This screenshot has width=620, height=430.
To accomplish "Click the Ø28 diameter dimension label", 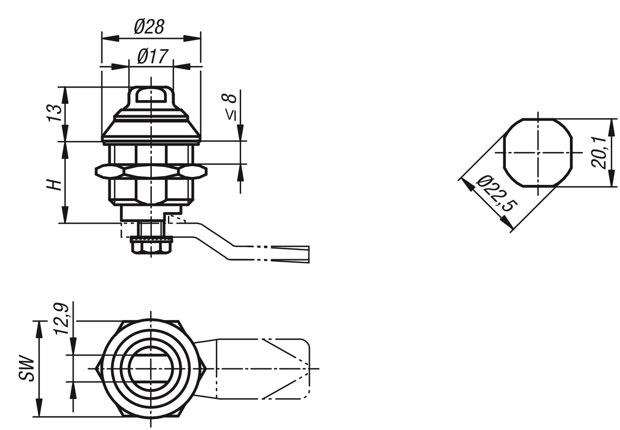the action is coord(149,27).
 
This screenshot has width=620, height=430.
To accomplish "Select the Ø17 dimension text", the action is coord(152,56).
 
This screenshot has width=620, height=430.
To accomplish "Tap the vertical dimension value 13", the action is coord(54,113).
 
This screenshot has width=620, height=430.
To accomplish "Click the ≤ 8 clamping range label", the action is coord(230,106).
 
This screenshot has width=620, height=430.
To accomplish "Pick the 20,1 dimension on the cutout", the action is coord(598,152).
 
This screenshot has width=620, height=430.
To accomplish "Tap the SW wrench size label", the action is coord(27,368).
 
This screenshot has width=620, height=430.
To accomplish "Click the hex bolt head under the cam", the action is coord(151,248).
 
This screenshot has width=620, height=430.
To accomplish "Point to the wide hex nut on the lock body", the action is coord(151,171).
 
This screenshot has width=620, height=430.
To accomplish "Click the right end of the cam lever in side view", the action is coord(308,254).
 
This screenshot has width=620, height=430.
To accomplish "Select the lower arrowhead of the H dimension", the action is coord(65,214).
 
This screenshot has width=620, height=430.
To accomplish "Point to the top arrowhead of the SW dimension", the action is coord(40,330).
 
